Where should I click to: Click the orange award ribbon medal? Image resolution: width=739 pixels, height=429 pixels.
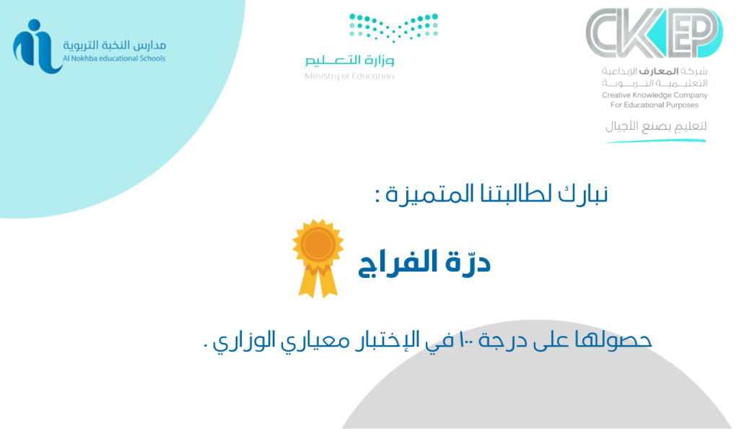click(318, 258)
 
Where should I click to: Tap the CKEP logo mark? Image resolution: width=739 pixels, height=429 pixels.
click(654, 32)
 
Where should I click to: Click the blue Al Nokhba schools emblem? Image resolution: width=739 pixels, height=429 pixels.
click(37, 46)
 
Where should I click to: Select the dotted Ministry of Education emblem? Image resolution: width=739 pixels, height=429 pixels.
click(393, 27)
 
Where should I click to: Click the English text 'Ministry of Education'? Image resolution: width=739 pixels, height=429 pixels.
click(349, 76)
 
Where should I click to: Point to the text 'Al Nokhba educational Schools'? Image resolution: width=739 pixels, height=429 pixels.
click(114, 58)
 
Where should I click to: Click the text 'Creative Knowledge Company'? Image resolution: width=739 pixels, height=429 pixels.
click(655, 95)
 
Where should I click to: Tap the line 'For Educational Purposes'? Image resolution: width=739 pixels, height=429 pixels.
click(655, 105)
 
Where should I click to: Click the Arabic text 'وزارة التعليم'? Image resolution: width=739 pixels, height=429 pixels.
click(349, 60)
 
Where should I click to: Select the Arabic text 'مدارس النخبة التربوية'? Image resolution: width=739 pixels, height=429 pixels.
click(115, 45)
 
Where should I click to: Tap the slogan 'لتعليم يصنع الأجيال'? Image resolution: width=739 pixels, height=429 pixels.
click(656, 126)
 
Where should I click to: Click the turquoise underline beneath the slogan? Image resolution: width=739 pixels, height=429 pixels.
click(655, 141)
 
